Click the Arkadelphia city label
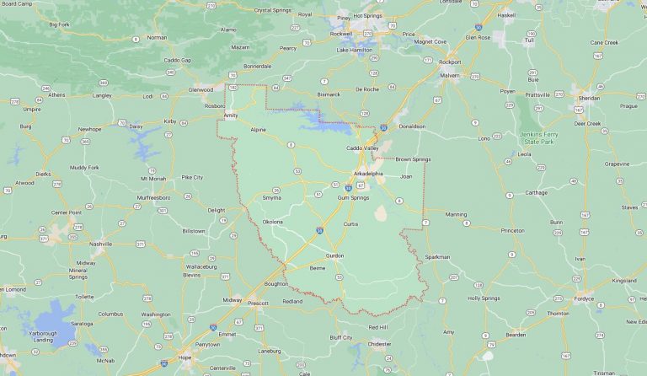coord(367,174)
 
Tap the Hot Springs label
coord(368,15)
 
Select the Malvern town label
coord(449,74)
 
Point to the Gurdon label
coord(335,255)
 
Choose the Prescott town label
coord(257,302)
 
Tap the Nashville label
coord(101,243)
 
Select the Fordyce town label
coord(583,298)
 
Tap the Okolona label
coord(272,222)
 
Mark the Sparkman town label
coord(437,256)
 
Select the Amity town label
coord(231,115)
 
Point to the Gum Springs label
coord(353,196)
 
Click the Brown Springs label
coord(413,158)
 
